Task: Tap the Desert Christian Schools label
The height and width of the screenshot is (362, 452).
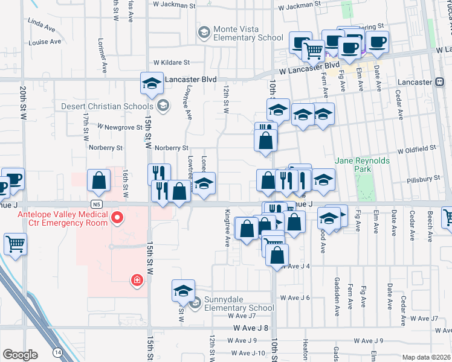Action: point(109,107)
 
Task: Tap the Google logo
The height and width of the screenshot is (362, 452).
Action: point(20,355)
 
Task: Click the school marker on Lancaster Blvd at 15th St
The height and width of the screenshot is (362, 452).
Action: point(152,83)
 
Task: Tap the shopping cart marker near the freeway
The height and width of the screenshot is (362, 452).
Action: point(16,244)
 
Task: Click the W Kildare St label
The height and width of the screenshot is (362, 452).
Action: point(172,62)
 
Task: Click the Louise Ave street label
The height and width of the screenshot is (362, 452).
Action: point(45,42)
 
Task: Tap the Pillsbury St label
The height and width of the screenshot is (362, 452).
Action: point(423,179)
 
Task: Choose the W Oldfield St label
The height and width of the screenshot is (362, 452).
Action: point(417,148)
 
